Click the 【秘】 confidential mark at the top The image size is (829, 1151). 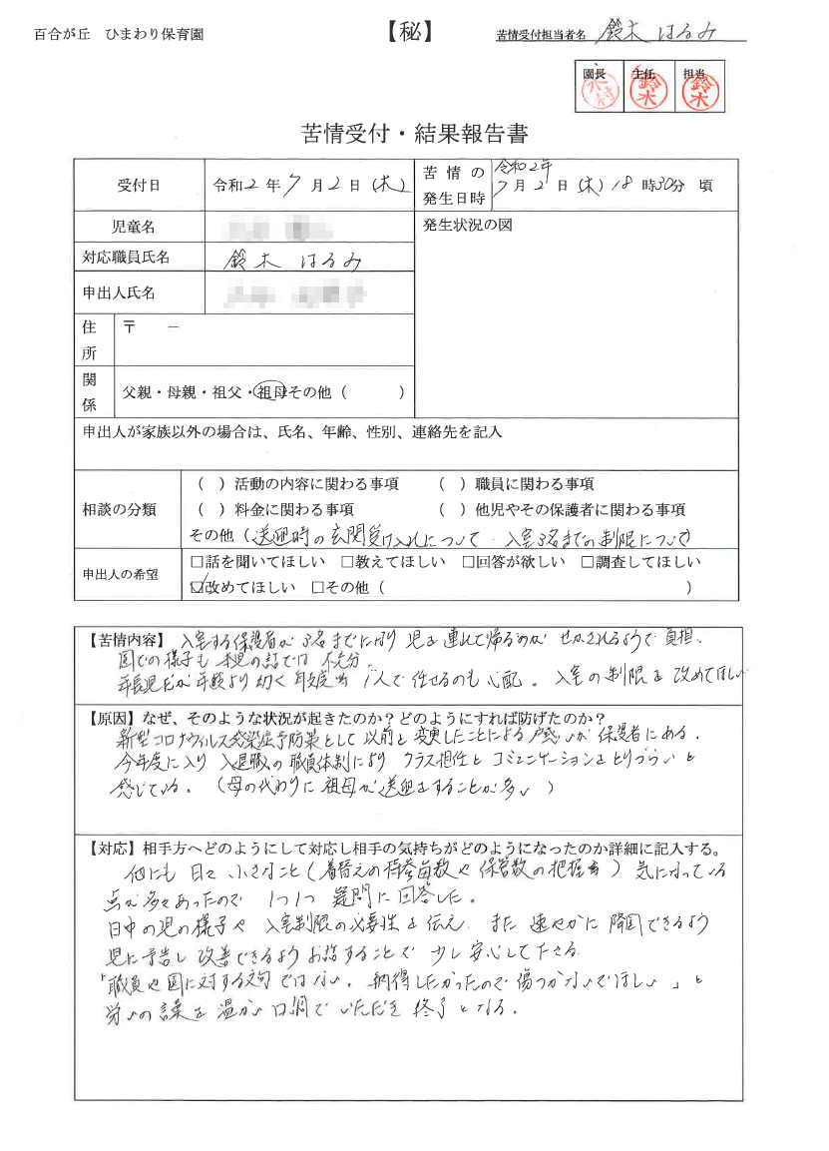coord(409,32)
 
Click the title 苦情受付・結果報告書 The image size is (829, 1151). coord(414,133)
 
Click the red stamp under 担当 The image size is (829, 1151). coord(698,92)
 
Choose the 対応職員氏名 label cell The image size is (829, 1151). coord(127,258)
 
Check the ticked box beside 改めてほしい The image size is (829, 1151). coord(198,587)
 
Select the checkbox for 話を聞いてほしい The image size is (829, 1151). coord(197,563)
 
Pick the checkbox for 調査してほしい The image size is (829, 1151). coord(588,563)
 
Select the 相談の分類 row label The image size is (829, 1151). coord(119,509)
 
